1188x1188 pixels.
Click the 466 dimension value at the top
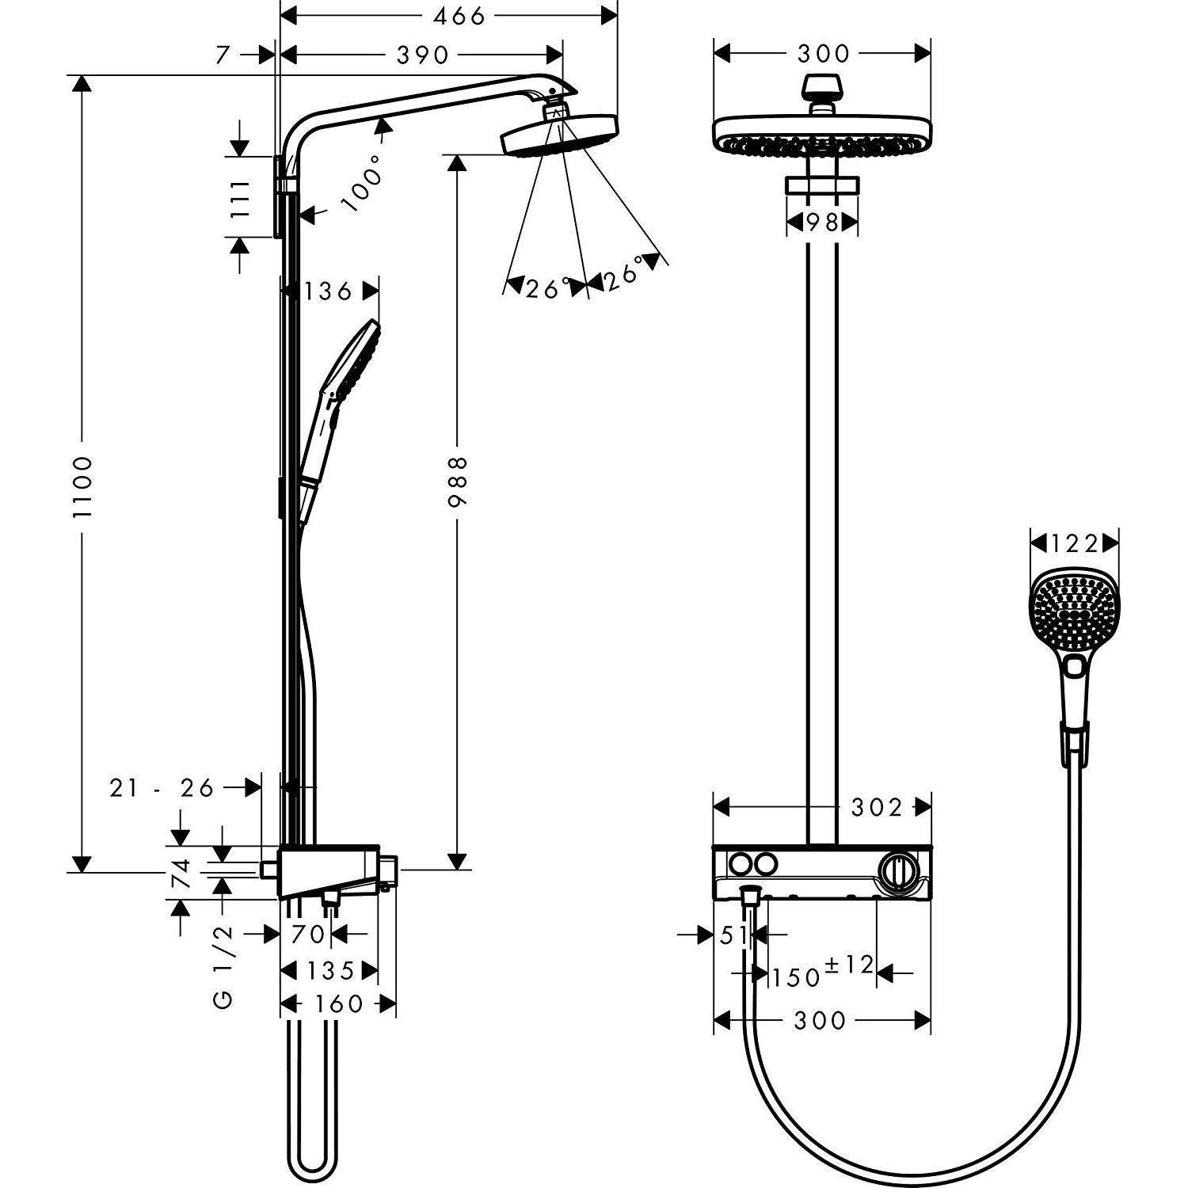pos(459,16)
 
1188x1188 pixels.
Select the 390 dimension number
pos(421,55)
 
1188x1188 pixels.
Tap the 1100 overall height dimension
pos(82,486)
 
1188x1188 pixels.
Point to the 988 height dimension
pos(459,481)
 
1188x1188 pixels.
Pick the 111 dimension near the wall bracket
pos(239,198)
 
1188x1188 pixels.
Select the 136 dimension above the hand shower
pos(327,291)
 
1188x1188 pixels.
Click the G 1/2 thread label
pos(224,966)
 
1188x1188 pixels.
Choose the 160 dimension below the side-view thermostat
pos(339,1004)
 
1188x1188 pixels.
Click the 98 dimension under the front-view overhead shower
pos(822,223)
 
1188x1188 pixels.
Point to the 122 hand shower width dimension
pos(1075,543)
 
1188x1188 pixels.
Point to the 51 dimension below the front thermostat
pos(733,935)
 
